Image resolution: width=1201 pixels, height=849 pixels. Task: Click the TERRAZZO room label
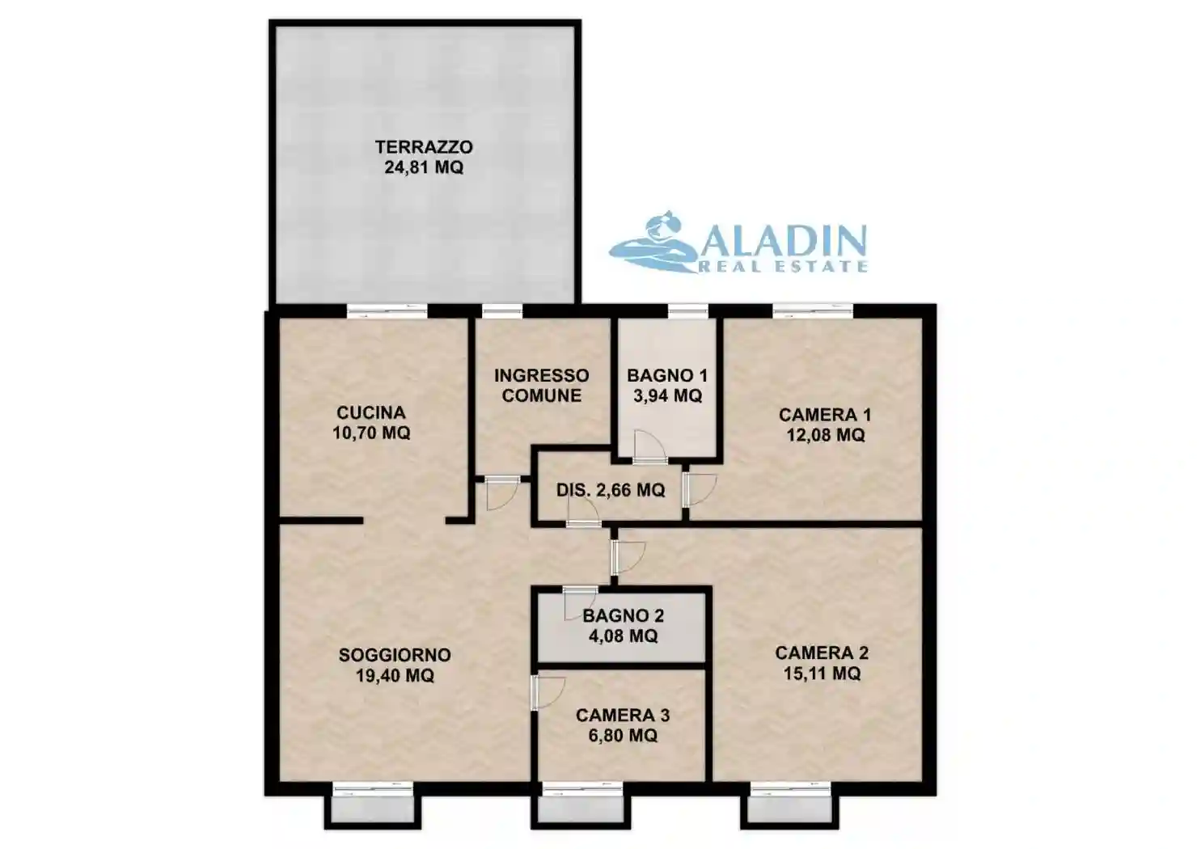tap(424, 147)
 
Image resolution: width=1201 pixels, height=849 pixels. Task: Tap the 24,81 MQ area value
tap(424, 167)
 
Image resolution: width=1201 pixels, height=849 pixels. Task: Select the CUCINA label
tap(371, 412)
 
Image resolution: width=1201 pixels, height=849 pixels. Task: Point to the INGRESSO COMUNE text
tap(542, 386)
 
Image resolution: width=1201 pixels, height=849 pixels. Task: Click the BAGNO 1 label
tap(667, 375)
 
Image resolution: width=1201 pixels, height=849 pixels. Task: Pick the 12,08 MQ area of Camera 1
tap(826, 435)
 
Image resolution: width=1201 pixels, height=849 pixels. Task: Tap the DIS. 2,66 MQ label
tap(611, 490)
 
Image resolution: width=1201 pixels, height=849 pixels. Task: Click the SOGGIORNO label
tap(395, 655)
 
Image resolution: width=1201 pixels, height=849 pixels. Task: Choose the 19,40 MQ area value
tap(395, 675)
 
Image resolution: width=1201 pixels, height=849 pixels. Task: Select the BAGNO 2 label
tap(623, 616)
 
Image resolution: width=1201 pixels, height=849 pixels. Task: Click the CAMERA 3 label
tap(623, 716)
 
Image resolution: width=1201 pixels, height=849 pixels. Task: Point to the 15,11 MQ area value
tap(822, 673)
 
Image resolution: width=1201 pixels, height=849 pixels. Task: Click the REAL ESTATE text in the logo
tap(783, 266)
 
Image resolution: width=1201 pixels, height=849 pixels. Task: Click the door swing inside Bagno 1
tap(649, 446)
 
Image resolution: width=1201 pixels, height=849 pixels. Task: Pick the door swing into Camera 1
tap(700, 490)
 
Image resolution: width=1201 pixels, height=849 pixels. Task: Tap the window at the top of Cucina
tap(387, 310)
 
